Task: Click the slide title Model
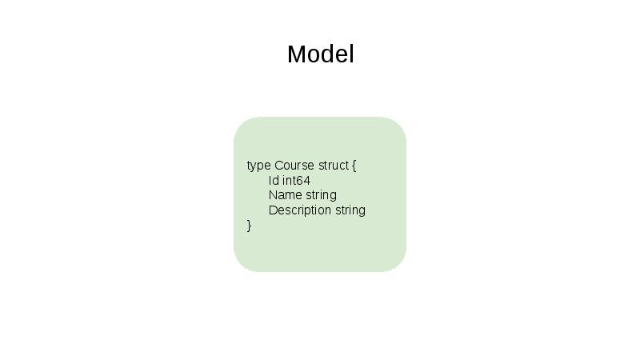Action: coord(320,54)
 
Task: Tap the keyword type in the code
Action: coord(258,166)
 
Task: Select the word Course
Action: coord(294,166)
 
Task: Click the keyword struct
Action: coord(333,166)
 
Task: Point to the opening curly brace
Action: coord(354,166)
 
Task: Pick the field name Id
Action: coord(274,181)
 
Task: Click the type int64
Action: coord(296,181)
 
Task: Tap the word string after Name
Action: coord(321,195)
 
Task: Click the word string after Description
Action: coord(350,210)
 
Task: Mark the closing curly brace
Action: coord(250,226)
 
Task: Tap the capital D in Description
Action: coord(273,210)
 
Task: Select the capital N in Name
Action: coord(273,195)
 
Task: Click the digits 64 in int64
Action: coord(303,181)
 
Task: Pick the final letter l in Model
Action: coord(351,54)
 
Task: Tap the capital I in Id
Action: coord(270,181)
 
